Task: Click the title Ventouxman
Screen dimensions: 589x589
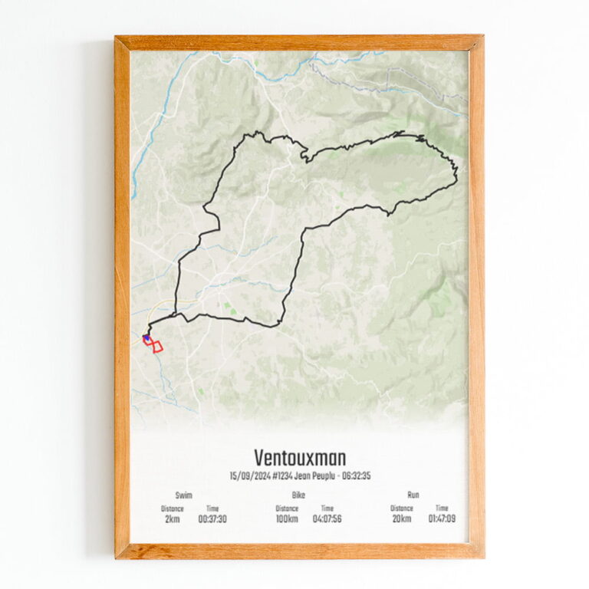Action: (299, 458)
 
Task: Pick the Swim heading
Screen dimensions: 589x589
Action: (184, 495)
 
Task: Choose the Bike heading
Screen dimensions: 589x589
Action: (298, 495)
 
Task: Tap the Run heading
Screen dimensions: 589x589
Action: (414, 495)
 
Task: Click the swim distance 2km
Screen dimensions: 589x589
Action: (172, 519)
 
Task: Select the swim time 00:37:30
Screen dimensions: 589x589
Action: (212, 519)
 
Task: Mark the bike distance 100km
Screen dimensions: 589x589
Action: (286, 519)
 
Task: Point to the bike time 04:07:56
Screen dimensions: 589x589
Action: (327, 519)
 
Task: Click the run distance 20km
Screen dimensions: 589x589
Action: (401, 519)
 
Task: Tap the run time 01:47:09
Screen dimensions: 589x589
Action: (443, 519)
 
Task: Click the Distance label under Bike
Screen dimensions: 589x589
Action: (287, 508)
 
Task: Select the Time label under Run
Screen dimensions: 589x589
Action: (443, 508)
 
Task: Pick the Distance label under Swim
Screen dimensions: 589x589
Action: (173, 508)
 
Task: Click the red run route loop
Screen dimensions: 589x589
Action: (156, 347)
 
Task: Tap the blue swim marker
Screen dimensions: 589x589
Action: (146, 337)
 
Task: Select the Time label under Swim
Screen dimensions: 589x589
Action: (212, 508)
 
